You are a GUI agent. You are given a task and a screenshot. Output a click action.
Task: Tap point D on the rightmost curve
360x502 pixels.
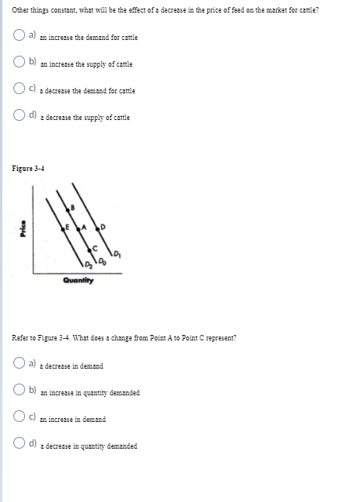(x=101, y=227)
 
